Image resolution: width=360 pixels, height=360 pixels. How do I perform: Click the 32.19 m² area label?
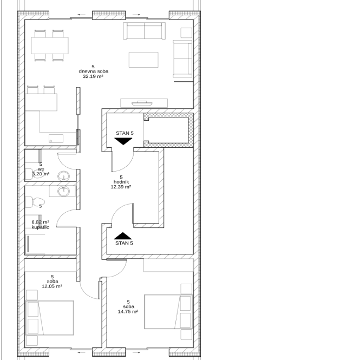coord(93,76)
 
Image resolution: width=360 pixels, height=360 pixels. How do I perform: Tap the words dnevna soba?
coord(94,71)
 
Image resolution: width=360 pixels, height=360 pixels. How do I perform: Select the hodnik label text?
coord(121,182)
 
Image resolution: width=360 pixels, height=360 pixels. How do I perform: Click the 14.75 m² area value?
coord(128,312)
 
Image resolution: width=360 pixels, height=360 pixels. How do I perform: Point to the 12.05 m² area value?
coord(52,286)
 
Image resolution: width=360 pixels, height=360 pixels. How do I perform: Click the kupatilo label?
coord(41,227)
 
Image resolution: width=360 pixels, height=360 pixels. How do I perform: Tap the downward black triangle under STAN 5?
coord(123,141)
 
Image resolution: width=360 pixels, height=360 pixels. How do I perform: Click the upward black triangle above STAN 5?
coord(123,236)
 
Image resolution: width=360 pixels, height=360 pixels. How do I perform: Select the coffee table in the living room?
coord(143,60)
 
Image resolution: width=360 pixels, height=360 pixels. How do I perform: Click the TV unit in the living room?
coord(144,103)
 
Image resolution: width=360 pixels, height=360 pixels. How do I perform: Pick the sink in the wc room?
coord(63,176)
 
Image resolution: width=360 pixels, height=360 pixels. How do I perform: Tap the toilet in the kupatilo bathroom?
coord(35,202)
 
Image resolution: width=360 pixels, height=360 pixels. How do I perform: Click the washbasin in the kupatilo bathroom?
coord(63,191)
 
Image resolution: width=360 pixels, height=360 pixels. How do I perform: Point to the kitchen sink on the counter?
coord(56,139)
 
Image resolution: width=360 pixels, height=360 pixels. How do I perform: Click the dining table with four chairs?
coord(50,45)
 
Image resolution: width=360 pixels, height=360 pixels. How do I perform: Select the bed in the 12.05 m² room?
coord(50,318)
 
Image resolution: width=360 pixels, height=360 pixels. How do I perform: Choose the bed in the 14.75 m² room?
coord(168,312)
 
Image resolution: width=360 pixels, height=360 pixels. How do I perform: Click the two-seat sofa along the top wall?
coord(145,31)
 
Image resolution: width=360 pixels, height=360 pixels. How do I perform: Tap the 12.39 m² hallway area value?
coord(121,187)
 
